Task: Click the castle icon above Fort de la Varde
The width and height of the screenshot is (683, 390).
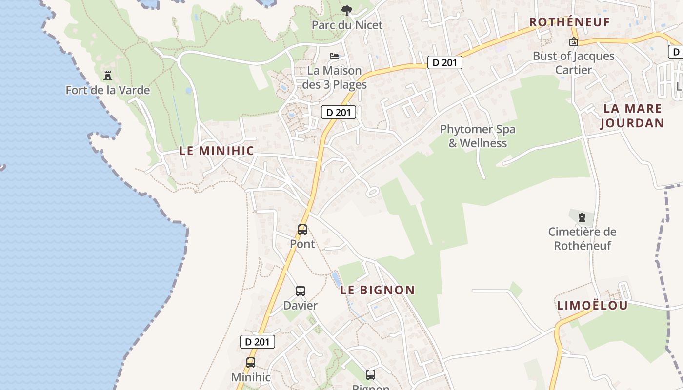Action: pos(108,76)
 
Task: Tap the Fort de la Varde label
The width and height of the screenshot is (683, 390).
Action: pos(108,90)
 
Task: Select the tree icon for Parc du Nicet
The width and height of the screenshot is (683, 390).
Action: pos(346,10)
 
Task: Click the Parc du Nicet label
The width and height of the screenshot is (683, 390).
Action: pos(347,25)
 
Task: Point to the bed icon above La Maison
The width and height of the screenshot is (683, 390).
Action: pos(334,56)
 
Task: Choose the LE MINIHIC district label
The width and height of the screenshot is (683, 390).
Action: pos(217,151)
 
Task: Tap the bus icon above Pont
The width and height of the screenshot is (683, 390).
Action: pos(302,229)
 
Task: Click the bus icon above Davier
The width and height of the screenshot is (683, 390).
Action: pos(301,291)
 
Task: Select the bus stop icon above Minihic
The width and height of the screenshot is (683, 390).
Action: pos(251,363)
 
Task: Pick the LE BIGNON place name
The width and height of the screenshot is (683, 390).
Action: pos(378,290)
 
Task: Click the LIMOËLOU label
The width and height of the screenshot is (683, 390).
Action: pos(592,306)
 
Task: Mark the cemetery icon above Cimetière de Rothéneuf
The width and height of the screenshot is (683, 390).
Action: pos(582,217)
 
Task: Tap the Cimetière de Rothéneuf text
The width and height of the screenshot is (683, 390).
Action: pos(582,238)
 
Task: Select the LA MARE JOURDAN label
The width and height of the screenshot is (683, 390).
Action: pos(632,116)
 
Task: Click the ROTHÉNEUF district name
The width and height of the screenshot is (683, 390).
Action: pos(570,22)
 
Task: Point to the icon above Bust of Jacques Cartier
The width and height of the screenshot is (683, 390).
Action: pos(574,41)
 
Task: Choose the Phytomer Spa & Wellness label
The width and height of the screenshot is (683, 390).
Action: pos(478,136)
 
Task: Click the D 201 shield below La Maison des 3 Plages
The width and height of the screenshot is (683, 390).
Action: pos(339,112)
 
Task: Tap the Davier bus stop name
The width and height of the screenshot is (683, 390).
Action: pos(301,306)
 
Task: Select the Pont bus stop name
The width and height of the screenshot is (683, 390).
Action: pos(302,244)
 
